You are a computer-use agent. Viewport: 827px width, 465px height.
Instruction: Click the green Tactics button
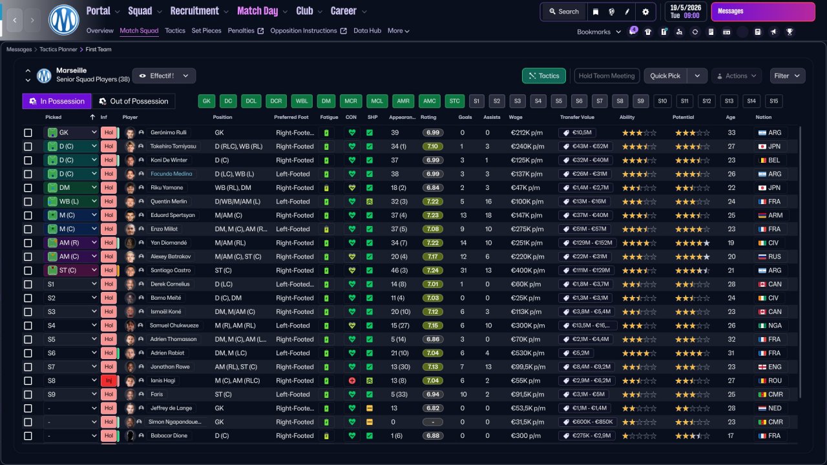[543, 76]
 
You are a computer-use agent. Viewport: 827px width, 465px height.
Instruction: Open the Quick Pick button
[665, 76]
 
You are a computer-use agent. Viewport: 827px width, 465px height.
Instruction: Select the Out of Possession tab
[134, 101]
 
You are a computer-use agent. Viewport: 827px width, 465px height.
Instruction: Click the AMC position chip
[429, 101]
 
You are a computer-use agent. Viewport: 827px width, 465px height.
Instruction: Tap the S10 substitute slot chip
[662, 101]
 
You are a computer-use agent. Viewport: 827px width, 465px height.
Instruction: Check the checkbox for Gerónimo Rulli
[28, 132]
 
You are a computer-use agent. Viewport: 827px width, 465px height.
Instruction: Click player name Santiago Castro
[171, 270]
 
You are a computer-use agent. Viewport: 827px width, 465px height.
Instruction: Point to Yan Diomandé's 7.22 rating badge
[433, 243]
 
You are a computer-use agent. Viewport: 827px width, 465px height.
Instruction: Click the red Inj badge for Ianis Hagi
[109, 380]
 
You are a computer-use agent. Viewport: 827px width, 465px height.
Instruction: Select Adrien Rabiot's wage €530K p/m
[528, 353]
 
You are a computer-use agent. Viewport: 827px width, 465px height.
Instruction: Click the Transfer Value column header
[577, 117]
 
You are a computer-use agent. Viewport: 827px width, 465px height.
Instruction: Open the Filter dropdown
[787, 76]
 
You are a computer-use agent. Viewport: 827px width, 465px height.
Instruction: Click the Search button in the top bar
[564, 12]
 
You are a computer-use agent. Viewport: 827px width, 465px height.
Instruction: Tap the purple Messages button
[763, 12]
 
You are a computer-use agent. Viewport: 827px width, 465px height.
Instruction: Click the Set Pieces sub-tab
[206, 30]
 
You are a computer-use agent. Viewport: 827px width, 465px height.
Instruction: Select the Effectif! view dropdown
[163, 76]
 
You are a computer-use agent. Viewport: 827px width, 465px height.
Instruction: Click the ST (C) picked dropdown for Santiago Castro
[71, 270]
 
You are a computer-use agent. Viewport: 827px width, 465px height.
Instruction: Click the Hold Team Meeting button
[607, 76]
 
